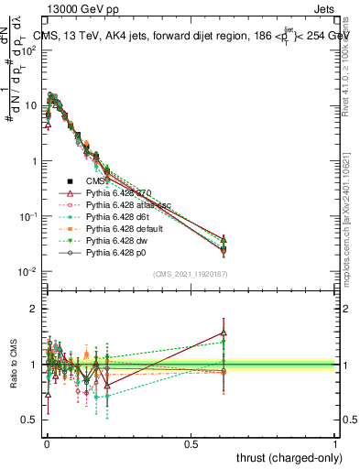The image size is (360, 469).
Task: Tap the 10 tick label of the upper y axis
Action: (x=28, y=105)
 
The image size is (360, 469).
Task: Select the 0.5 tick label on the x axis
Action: (x=191, y=444)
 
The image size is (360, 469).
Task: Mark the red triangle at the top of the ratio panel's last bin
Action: (x=224, y=333)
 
